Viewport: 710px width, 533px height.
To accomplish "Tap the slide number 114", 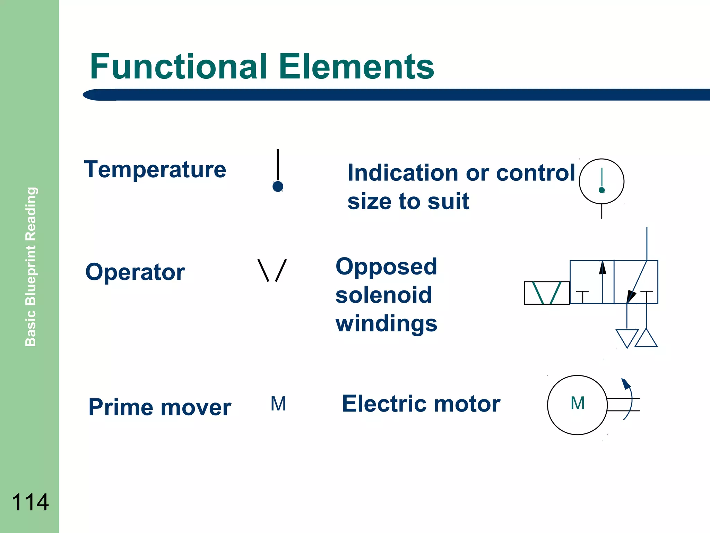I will coord(30,502).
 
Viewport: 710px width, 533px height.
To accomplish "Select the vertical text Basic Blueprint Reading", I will coord(31,266).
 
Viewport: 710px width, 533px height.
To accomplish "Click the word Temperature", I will coord(155,170).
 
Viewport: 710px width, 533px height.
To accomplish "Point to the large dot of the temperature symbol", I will coord(278,187).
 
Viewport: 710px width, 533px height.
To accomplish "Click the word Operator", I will coord(135,272).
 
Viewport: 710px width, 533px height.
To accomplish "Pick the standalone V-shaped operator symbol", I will coord(272,270).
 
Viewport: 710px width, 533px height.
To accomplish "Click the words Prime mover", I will coord(159,407).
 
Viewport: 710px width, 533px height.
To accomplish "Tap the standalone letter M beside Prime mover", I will coord(278,404).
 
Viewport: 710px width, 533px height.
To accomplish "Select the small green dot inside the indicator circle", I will coord(602,190).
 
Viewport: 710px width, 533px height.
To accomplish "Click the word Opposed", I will coord(386,266).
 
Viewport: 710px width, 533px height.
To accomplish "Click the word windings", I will coord(386,323).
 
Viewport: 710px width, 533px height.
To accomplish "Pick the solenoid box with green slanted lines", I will coord(547,293).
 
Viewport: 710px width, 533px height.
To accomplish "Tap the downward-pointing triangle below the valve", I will coord(627,338).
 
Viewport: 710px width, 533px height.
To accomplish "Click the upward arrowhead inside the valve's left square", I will coord(603,268).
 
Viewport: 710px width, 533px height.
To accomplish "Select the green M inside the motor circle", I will coord(578,403).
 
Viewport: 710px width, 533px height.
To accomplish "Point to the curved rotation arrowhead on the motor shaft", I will coord(626,384).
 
